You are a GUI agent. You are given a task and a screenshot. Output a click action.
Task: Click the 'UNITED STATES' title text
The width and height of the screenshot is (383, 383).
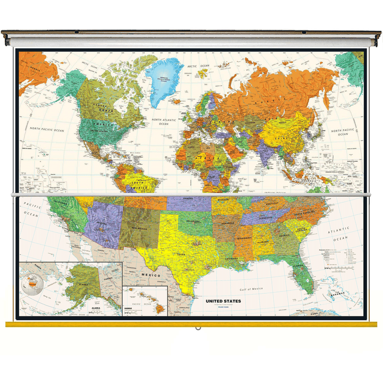(x=223, y=301)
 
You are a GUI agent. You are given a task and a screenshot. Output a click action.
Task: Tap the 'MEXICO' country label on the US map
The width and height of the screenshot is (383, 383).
(x=150, y=275)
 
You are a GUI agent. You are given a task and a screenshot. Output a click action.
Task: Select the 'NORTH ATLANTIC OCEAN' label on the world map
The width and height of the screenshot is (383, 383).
(x=163, y=120)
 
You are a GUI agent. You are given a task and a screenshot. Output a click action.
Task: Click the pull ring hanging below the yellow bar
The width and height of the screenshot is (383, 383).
(x=198, y=327)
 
